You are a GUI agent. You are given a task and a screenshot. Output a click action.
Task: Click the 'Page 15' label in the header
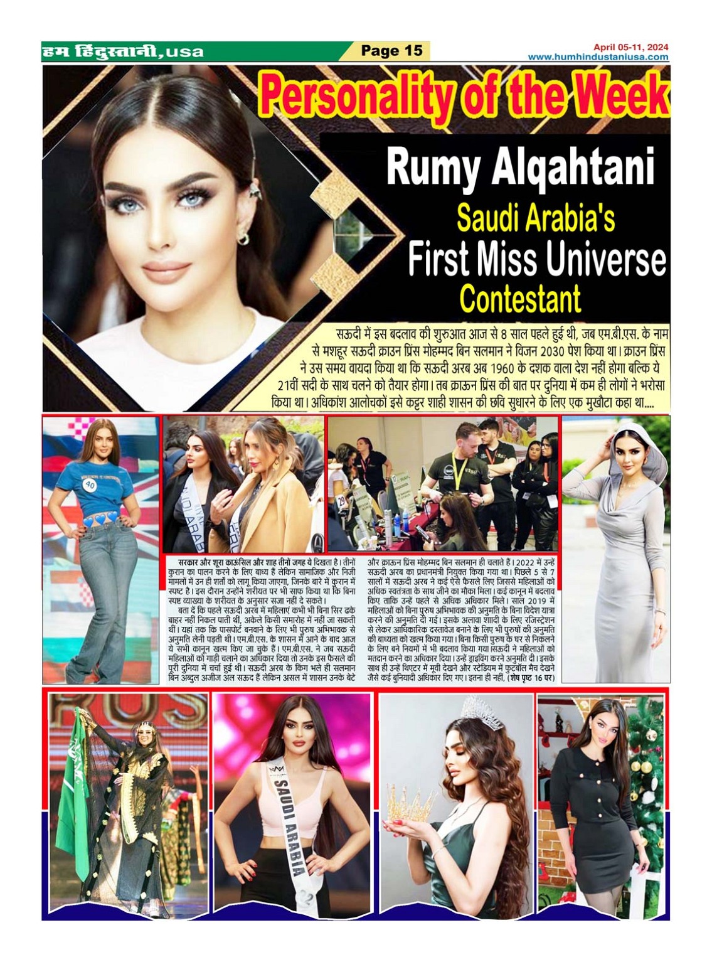pos(392,50)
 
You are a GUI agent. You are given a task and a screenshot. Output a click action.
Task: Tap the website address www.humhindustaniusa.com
pos(598,57)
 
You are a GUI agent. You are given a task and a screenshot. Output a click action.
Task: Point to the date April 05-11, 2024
pos(630,46)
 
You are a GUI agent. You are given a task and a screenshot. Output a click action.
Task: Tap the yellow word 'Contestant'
pos(520,299)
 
